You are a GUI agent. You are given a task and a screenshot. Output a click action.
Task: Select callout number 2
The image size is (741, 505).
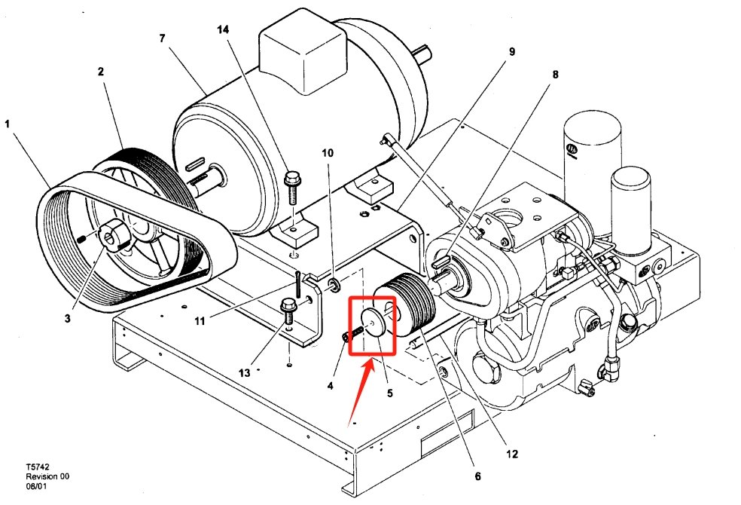(100, 72)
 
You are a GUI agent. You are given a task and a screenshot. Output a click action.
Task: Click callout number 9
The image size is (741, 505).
(511, 52)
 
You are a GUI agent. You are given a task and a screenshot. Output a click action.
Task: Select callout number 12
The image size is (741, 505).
(511, 454)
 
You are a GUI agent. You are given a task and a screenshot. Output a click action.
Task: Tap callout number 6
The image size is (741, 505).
(477, 476)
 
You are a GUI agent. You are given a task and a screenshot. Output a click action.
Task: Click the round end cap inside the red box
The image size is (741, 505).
(373, 320)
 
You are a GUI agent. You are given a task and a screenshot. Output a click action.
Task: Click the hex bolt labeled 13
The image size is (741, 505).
(286, 307)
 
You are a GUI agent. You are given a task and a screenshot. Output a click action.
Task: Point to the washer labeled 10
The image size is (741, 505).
(331, 284)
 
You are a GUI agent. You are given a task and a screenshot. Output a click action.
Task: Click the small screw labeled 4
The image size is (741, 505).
(347, 337)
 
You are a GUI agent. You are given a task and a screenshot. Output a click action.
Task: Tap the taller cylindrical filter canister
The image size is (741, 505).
(592, 151)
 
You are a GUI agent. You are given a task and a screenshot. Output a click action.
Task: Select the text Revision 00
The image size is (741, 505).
(47, 476)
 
